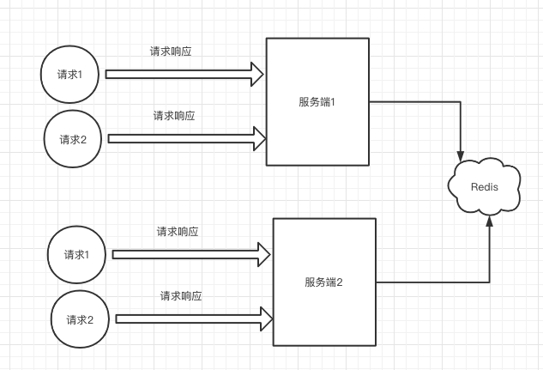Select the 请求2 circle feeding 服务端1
click(x=74, y=138)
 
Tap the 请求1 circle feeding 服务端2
click(x=76, y=255)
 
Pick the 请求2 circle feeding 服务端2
click(x=81, y=319)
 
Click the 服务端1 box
click(x=317, y=101)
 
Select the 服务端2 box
click(x=324, y=282)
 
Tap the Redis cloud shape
click(x=485, y=186)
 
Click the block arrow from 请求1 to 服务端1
click(x=180, y=74)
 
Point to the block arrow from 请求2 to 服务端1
click(x=184, y=137)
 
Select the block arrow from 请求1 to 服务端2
click(x=189, y=254)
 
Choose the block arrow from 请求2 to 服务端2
click(x=192, y=318)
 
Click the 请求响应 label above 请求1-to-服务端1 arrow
click(x=171, y=52)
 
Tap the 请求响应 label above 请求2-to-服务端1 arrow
click(x=174, y=115)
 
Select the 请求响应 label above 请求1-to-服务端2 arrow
click(x=178, y=232)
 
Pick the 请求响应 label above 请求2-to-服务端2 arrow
click(x=181, y=296)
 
